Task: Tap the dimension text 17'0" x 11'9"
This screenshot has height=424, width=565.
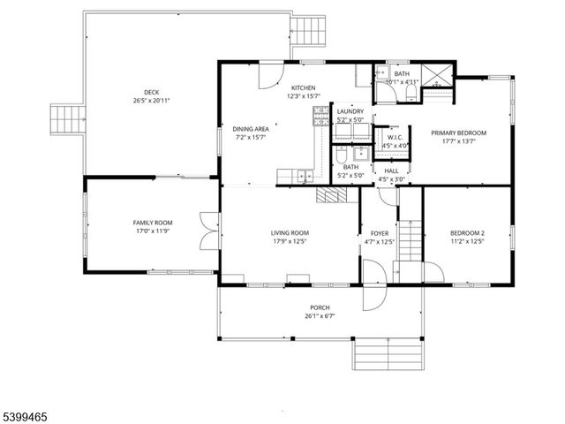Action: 152,232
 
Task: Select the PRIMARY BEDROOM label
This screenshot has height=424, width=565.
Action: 458,132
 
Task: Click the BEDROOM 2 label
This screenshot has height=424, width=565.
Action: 468,232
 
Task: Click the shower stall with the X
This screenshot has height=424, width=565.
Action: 436,79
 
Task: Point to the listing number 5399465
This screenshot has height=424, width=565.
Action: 26,413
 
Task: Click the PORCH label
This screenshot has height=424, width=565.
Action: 320,307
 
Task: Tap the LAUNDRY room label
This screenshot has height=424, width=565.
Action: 350,110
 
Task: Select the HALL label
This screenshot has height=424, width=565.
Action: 391,171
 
